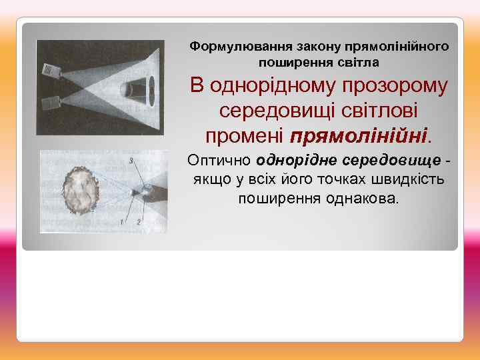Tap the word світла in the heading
click(361, 63)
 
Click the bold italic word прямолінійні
click(361, 135)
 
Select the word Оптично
click(219, 161)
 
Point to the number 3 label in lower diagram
click(132, 161)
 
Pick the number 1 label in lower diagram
click(122, 220)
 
